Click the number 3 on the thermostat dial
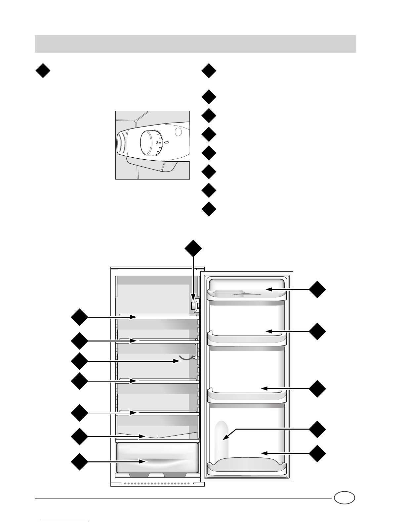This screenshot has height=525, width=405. pos(158,143)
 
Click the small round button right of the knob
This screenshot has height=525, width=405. pos(178,132)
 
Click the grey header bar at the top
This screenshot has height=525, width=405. pos(195,44)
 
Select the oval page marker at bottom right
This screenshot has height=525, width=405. pos(344,498)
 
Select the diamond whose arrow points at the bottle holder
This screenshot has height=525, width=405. pos(318,429)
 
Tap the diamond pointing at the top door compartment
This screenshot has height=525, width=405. pos(318,289)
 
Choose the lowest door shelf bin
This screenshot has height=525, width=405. pos(246,465)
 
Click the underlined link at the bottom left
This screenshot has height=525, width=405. pos(66,521)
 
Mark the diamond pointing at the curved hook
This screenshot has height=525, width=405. pos(79,361)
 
